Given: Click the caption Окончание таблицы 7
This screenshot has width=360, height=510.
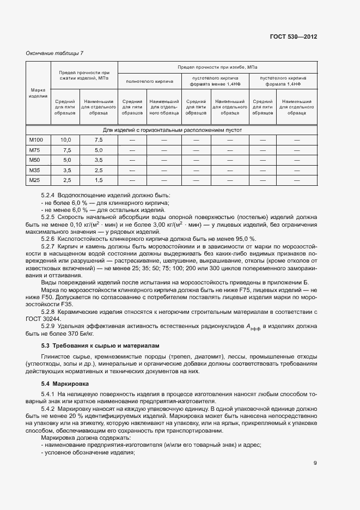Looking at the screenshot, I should (54, 53).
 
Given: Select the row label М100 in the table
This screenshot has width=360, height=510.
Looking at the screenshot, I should (36, 140).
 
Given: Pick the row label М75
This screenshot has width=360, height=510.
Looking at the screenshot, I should (36, 150).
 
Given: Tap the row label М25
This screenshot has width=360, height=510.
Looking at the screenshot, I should (36, 180).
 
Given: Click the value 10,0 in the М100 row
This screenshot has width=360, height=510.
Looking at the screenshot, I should (66, 140).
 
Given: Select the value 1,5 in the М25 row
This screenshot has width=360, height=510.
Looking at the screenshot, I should (98, 180).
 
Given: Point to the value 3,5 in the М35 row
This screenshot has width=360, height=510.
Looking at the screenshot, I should (66, 170).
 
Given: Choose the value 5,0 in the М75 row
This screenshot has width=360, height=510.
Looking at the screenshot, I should (98, 150).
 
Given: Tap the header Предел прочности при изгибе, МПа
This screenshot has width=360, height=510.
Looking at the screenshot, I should (217, 66).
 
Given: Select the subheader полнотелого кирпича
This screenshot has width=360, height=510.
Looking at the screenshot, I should (149, 81).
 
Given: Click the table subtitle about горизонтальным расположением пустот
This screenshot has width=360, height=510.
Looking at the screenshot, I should (172, 130).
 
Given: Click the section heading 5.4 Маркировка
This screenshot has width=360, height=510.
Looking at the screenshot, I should (65, 385).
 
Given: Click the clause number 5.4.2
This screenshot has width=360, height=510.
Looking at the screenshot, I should (49, 408).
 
